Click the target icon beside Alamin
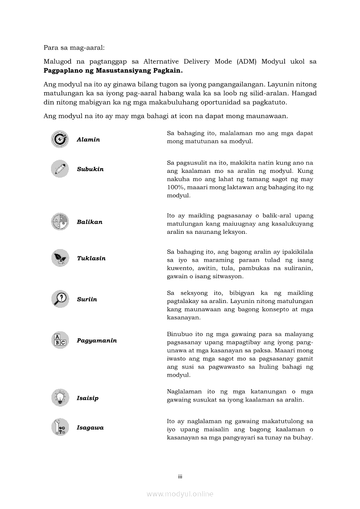(x=60, y=139)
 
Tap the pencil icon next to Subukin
(x=60, y=169)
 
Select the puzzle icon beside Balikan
(x=60, y=222)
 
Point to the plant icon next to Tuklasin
(x=60, y=258)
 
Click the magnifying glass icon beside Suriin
(x=60, y=299)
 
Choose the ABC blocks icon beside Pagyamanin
(x=60, y=340)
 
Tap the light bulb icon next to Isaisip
(x=60, y=398)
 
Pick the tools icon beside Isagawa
(x=60, y=427)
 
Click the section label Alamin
(x=88, y=140)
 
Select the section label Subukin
(x=90, y=169)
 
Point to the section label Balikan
(x=90, y=222)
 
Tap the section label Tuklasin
(x=91, y=258)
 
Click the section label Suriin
(x=87, y=300)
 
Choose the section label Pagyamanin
(x=97, y=340)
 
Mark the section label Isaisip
(x=88, y=398)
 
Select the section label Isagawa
(x=90, y=428)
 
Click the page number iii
(x=180, y=476)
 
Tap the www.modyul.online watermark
(x=180, y=494)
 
